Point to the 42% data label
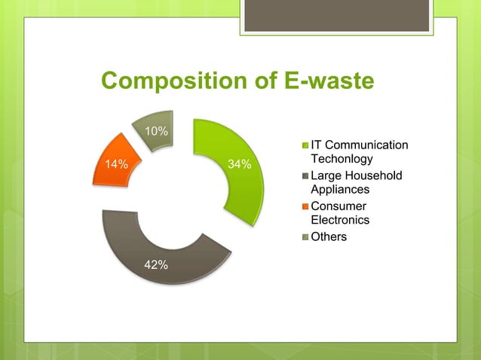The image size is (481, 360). (x=156, y=264)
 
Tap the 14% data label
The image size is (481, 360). (x=116, y=163)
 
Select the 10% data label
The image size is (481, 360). (x=156, y=132)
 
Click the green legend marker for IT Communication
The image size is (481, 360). (x=305, y=145)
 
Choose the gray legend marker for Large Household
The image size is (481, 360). (x=305, y=176)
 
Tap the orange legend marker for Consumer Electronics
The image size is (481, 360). (x=305, y=206)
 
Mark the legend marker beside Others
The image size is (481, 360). (x=305, y=237)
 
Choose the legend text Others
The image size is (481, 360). (x=329, y=236)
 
